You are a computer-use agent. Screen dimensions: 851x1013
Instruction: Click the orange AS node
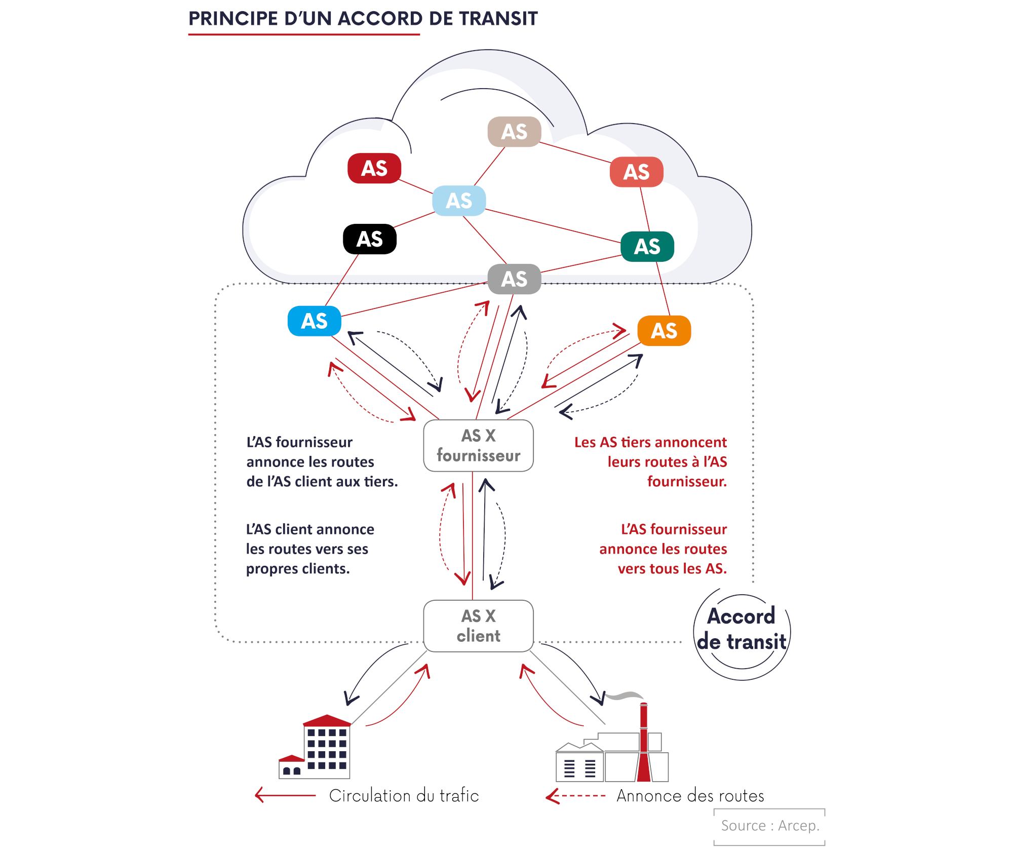(664, 331)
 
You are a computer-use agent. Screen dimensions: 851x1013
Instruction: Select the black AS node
(369, 239)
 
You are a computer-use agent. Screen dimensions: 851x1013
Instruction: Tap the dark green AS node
(647, 247)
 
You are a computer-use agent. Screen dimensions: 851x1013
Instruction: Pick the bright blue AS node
(314, 321)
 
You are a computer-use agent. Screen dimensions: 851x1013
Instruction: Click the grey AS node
(514, 279)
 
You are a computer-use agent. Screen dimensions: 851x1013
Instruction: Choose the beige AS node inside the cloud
(514, 132)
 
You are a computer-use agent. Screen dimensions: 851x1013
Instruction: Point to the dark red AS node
(374, 168)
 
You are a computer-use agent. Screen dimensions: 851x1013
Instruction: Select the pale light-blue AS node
(459, 201)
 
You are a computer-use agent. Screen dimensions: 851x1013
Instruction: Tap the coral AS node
(636, 172)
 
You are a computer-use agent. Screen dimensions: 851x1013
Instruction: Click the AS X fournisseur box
(478, 446)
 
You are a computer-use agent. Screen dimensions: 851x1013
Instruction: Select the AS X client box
(478, 626)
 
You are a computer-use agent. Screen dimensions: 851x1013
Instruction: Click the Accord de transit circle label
(742, 630)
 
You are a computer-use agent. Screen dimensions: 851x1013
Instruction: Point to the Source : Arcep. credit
(770, 825)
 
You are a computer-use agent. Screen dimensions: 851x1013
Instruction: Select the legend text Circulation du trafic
(404, 796)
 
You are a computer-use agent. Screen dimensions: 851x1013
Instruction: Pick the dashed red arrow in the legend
(576, 796)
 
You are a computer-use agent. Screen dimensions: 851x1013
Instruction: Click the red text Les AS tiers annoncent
(650, 442)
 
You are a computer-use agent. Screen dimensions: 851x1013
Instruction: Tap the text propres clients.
(298, 569)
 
